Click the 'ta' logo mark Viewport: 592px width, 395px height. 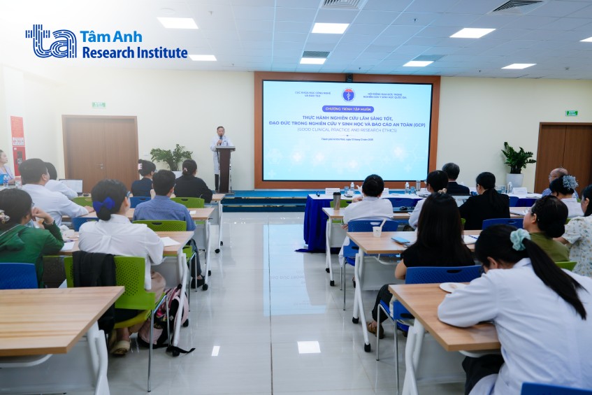(50, 41)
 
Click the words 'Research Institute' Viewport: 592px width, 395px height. (135, 52)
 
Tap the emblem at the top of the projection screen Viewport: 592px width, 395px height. (347, 94)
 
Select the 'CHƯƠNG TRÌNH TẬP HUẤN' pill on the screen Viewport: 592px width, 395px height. (347, 109)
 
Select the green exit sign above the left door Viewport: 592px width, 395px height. (99, 105)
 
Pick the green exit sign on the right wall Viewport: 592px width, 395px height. (571, 113)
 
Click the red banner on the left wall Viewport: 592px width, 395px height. (17, 144)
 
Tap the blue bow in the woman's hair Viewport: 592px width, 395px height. (108, 203)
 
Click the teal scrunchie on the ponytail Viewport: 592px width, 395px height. (519, 239)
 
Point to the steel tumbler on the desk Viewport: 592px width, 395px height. (336, 201)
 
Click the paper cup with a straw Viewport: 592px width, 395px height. (377, 230)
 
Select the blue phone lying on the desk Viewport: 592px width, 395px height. (401, 240)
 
